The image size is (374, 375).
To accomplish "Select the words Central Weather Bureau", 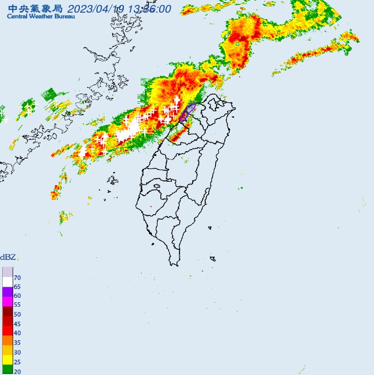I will coord(35,17).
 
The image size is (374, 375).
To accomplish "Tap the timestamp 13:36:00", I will coord(150,9).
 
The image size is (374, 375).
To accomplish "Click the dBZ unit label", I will coord(8,257).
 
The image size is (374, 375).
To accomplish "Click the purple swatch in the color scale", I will coord(7,292).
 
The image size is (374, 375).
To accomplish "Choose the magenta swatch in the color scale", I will coord(7,301).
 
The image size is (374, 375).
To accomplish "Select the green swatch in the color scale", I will coord(7,370).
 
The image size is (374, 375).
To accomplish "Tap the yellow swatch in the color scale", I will coord(7,360).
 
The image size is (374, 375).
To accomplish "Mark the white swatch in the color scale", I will coord(7,281).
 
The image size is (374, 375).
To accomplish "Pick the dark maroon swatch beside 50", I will coord(7,311).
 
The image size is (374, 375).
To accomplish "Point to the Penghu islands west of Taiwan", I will coord(113,180).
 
